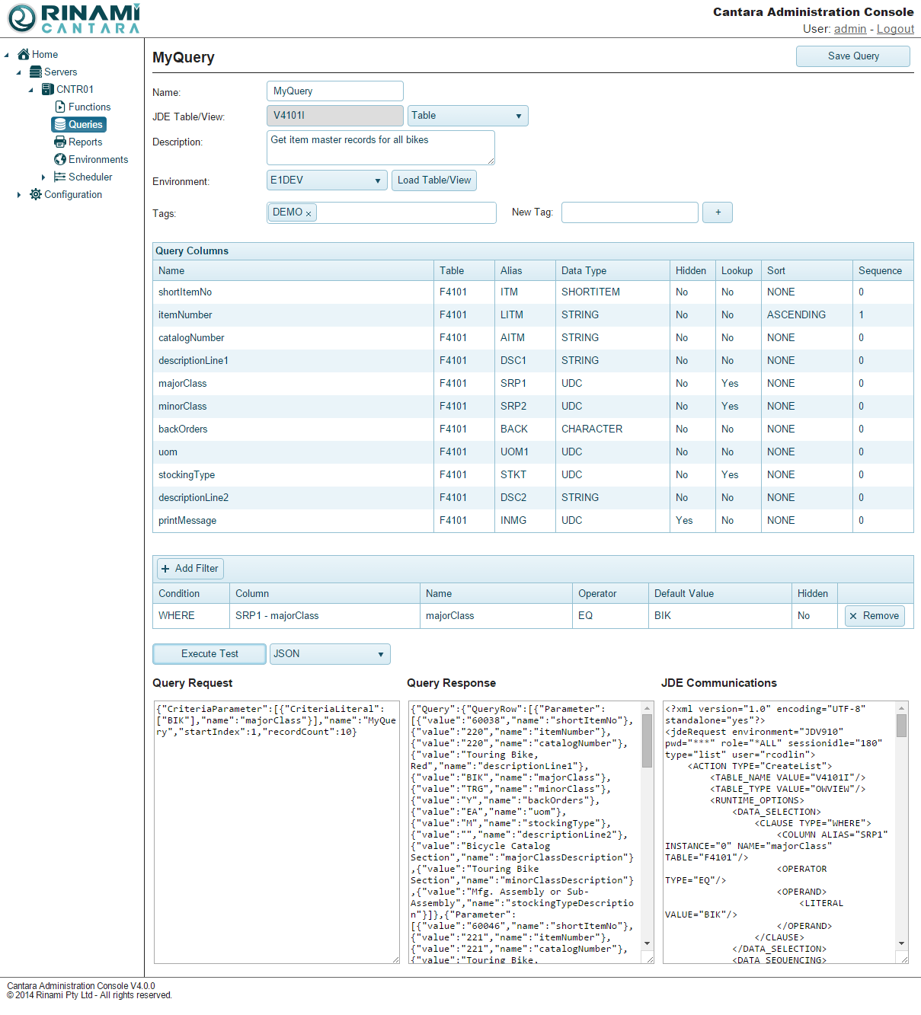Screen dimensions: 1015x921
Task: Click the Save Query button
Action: tap(852, 56)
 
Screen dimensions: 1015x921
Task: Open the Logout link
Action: tap(895, 29)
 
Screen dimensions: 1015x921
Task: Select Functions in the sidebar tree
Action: tap(89, 107)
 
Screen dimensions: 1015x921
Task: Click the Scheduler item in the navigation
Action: tap(90, 177)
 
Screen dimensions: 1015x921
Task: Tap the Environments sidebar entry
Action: tap(98, 160)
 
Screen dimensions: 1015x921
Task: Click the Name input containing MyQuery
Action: tap(334, 91)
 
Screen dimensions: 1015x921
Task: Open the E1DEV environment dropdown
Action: tap(327, 180)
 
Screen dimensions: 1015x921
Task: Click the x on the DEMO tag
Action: tap(309, 214)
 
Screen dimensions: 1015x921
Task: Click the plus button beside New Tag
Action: tap(717, 212)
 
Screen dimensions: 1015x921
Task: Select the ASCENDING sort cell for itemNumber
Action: tap(796, 315)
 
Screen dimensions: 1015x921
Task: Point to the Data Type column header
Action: tap(584, 271)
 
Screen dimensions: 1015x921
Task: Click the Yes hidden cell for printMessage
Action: tap(684, 521)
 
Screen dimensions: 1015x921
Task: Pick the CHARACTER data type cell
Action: tap(592, 429)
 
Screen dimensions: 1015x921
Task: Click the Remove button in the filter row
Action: tap(874, 616)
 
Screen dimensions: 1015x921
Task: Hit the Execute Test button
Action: tap(209, 654)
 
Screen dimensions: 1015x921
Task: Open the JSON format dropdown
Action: tap(329, 654)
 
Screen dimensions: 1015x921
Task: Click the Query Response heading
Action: tap(451, 683)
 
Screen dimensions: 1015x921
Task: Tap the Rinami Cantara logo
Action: tap(74, 19)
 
